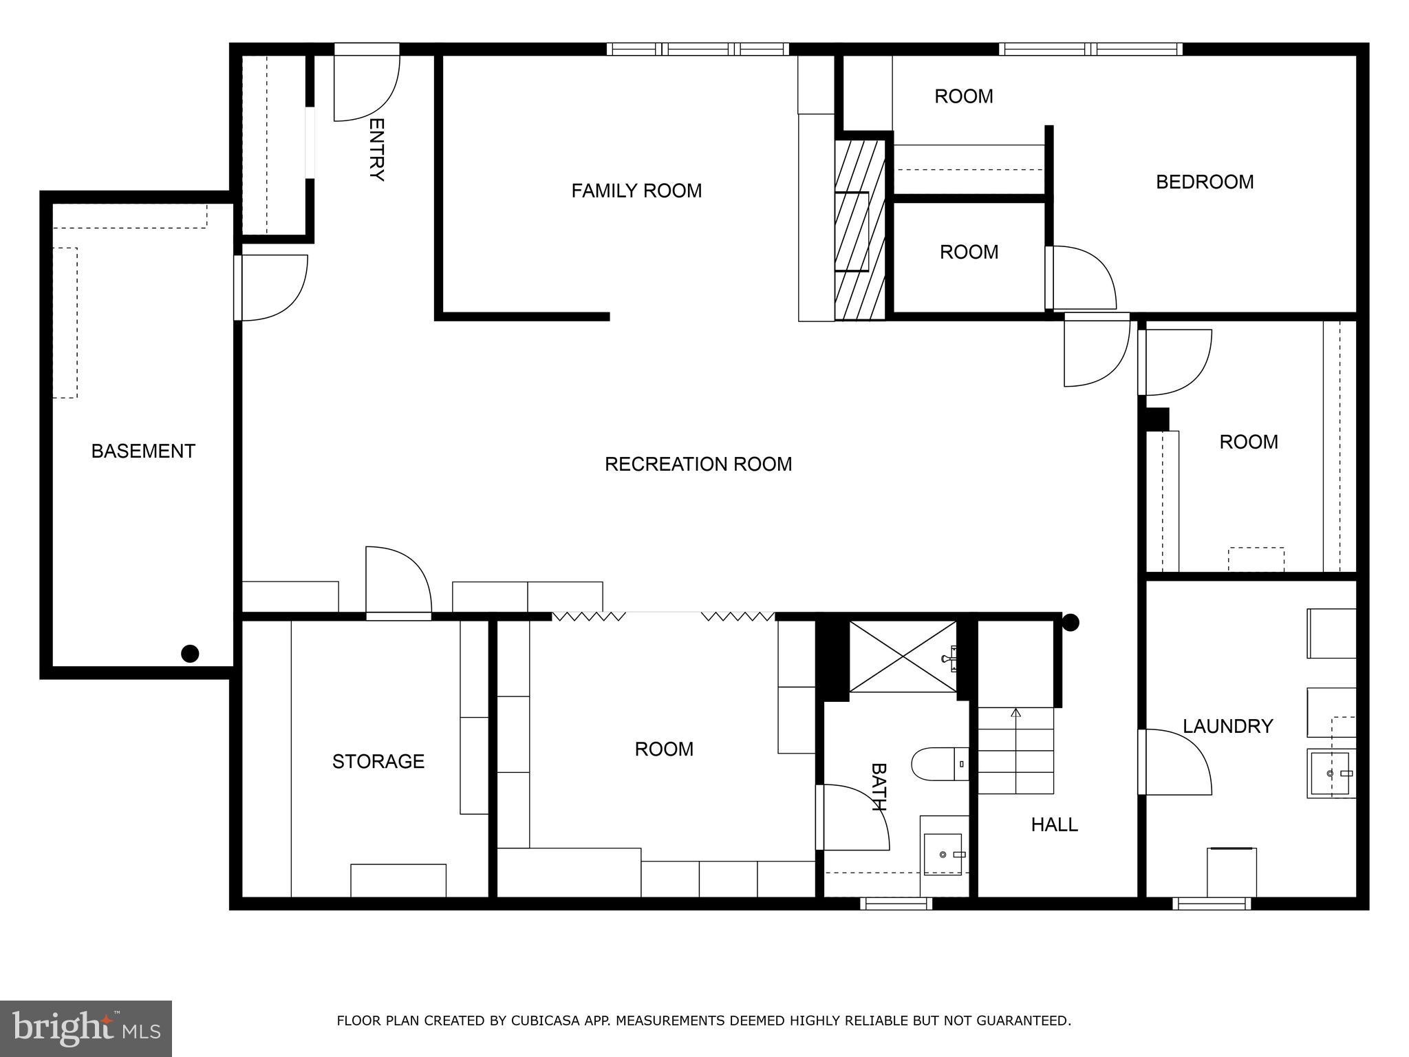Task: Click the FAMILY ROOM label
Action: click(636, 191)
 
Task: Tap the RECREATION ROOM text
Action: click(698, 465)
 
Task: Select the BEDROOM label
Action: click(1204, 182)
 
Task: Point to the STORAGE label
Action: click(378, 762)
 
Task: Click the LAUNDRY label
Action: click(1227, 726)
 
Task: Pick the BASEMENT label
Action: click(143, 451)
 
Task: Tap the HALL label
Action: click(1054, 824)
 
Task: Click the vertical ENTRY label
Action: click(376, 149)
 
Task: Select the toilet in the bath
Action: click(939, 764)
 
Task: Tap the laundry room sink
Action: click(1331, 773)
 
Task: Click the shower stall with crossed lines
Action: click(902, 656)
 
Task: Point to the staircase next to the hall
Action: click(1016, 750)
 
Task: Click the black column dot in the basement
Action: click(190, 654)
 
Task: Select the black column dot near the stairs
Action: click(1071, 623)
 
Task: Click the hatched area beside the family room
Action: click(859, 230)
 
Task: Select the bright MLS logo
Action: click(86, 1028)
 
